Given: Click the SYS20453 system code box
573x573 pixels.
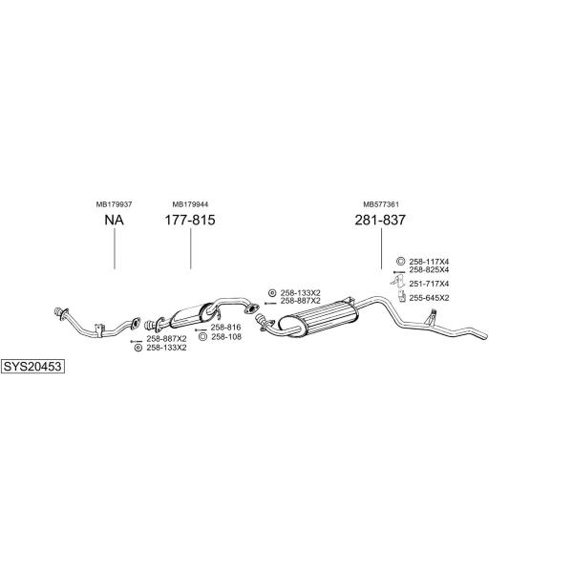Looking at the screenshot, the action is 32,366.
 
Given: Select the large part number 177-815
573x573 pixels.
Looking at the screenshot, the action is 190,220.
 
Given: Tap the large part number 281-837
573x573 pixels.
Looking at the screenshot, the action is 380,220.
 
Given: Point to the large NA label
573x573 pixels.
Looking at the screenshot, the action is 114,220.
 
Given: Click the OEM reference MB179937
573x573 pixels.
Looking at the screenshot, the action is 114,204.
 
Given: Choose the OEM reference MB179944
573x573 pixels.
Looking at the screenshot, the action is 190,204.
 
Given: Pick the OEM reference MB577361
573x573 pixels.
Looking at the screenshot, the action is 381,204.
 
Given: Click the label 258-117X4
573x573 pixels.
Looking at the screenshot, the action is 429,262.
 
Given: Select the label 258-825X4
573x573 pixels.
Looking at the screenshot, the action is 429,269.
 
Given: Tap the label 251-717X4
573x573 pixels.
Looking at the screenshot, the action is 429,284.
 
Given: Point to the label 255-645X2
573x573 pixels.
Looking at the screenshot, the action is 429,298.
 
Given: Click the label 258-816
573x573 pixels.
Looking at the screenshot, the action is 225,328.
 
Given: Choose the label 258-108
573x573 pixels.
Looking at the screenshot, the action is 226,336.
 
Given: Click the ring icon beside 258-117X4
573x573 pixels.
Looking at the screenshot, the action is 400,261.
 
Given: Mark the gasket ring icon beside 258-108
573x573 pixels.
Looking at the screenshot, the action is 202,336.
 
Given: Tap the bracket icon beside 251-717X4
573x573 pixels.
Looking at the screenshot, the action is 397,282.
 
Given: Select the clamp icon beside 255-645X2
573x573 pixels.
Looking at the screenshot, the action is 402,297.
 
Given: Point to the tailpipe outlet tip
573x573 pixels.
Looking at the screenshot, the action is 485,336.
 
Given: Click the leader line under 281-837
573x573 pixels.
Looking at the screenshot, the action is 381,249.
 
